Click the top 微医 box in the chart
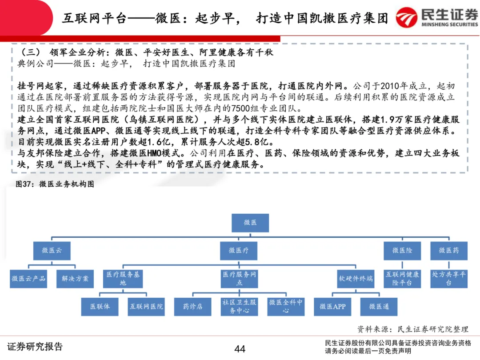(x=250, y=223)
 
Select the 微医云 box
(x=52, y=251)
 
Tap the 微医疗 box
(x=239, y=251)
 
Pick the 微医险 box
(x=402, y=251)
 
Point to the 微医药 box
(x=448, y=251)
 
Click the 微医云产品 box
(x=28, y=279)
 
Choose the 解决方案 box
(x=75, y=279)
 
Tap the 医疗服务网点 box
(x=239, y=279)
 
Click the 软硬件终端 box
(x=356, y=279)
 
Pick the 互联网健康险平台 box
(x=402, y=279)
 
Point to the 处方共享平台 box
(x=448, y=279)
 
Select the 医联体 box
(x=100, y=307)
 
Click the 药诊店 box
(x=192, y=307)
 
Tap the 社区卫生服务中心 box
(x=239, y=307)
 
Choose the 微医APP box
(x=332, y=307)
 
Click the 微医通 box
(x=379, y=307)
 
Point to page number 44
(x=240, y=349)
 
